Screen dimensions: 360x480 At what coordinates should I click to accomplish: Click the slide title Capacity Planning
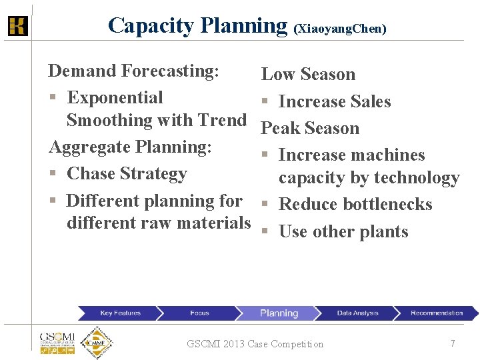click(x=197, y=25)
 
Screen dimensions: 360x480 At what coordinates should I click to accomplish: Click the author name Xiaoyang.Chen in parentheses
click(x=340, y=29)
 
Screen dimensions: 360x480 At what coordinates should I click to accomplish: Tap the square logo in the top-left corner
click(x=17, y=26)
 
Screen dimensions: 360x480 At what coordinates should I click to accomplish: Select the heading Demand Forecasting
click(x=134, y=71)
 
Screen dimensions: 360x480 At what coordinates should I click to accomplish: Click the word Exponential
click(x=115, y=97)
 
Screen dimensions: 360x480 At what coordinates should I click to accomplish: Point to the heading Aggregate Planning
click(x=130, y=147)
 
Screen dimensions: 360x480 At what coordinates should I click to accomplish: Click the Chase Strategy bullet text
click(x=127, y=173)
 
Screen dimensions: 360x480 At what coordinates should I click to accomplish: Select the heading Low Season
click(x=308, y=74)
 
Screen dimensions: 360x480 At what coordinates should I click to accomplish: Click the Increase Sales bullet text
click(x=334, y=101)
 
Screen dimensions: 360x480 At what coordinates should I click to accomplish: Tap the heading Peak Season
click(x=310, y=128)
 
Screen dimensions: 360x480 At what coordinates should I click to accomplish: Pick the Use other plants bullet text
click(x=343, y=231)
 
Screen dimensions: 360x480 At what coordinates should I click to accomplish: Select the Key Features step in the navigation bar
click(x=120, y=313)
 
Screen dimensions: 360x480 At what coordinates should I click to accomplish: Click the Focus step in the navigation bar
click(x=199, y=313)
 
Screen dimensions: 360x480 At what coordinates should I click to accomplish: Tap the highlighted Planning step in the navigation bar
click(x=279, y=313)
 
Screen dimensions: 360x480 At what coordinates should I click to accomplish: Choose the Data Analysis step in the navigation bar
click(x=357, y=313)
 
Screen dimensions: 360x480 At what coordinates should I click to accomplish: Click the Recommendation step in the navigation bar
click(x=436, y=313)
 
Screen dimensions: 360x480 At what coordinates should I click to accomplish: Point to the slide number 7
click(x=453, y=343)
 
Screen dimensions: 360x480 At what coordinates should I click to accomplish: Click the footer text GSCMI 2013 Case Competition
click(x=255, y=344)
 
